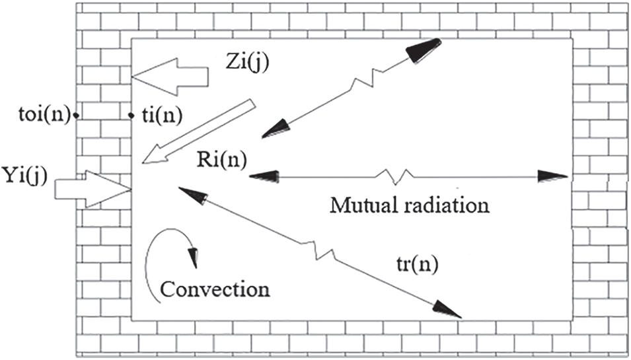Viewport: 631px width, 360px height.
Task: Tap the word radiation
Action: [x=449, y=205]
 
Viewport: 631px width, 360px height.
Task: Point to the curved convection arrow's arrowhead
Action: [x=194, y=259]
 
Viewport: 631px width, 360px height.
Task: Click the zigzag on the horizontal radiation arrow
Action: [x=396, y=176]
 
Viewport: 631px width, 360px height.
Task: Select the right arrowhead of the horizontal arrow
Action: [x=552, y=176]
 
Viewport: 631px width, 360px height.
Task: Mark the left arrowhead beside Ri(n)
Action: [x=261, y=176]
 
